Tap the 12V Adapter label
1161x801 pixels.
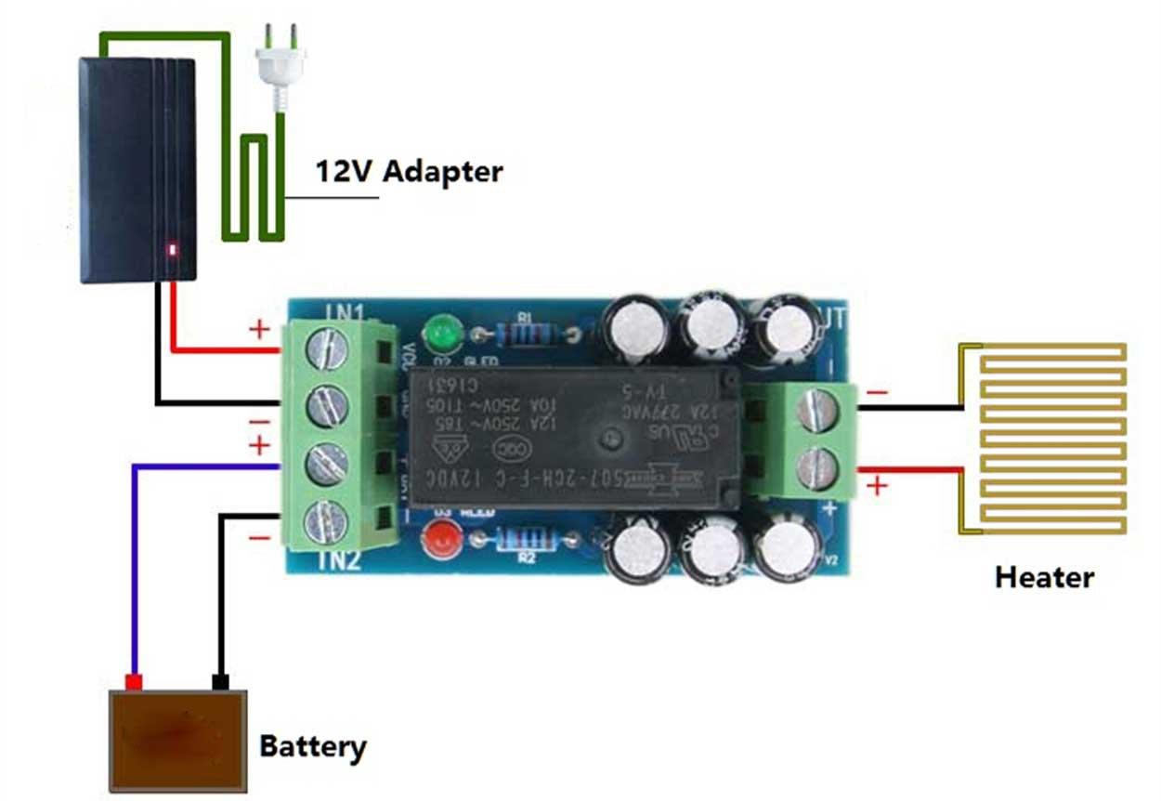click(409, 172)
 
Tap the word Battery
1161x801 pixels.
click(313, 747)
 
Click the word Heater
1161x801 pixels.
click(1044, 578)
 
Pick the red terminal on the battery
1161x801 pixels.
click(134, 683)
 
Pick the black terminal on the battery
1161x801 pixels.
click(220, 683)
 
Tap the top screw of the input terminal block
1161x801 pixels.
click(331, 349)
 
